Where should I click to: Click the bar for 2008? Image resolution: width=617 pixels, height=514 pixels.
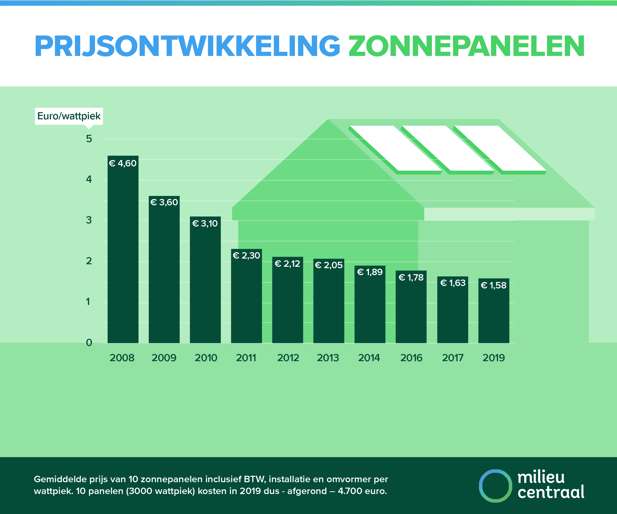(123, 249)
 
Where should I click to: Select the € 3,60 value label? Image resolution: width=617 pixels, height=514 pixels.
(164, 202)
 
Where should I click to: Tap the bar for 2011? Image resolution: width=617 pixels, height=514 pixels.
(246, 297)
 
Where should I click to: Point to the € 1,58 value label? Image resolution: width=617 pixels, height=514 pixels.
(494, 285)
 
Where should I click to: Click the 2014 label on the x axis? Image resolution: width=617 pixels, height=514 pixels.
(369, 358)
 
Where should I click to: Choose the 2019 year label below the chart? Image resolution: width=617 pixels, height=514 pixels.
(494, 358)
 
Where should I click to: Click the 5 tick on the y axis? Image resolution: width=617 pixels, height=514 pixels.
(89, 139)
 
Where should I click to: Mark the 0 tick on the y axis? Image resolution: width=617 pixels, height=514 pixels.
(89, 343)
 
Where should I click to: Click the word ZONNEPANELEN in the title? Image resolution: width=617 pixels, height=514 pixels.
(466, 46)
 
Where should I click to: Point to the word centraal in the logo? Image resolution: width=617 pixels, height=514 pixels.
(551, 492)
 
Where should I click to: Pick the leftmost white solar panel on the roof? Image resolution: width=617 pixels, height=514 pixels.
(395, 148)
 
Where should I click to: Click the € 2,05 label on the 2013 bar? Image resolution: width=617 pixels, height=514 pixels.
(329, 265)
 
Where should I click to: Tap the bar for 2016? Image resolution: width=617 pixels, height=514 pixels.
(411, 307)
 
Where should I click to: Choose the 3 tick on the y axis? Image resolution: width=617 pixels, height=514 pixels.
(89, 220)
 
